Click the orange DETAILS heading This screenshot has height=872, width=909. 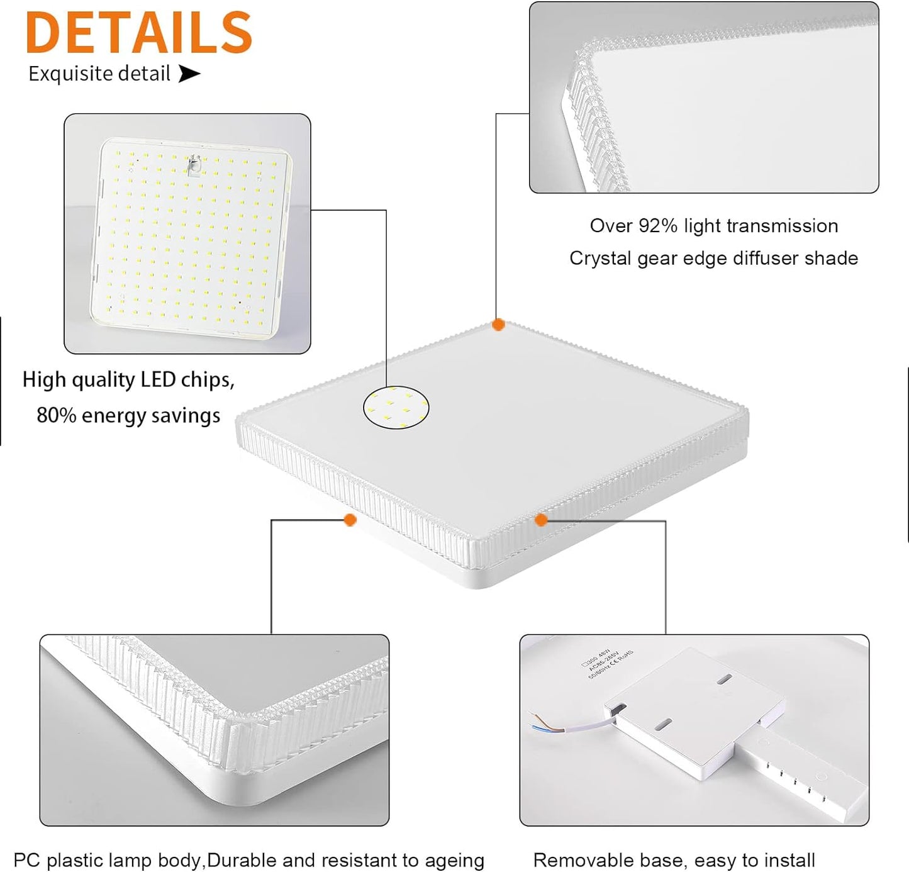[x=139, y=33]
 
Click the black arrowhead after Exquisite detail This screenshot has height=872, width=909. [x=189, y=74]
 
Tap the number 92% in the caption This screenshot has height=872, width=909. [x=657, y=226]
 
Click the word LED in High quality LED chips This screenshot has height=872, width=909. [x=158, y=379]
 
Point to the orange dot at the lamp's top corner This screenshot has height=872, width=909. [x=498, y=325]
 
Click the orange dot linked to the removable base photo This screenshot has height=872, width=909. [x=541, y=520]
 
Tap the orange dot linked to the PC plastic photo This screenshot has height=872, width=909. [x=350, y=520]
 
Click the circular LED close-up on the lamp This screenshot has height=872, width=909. [x=396, y=408]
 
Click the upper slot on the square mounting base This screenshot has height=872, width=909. [x=725, y=679]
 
